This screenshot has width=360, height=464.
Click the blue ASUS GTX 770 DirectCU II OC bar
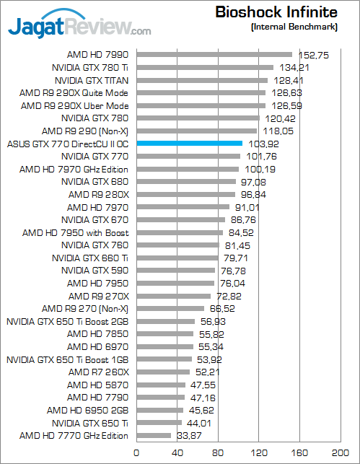click(x=189, y=144)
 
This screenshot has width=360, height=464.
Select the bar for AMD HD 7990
click(x=214, y=54)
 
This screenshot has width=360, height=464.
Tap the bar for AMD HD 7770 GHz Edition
click(x=153, y=435)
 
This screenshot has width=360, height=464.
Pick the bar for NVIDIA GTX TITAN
click(x=201, y=80)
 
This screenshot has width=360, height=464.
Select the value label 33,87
click(x=186, y=435)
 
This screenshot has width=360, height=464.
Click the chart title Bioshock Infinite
click(x=276, y=12)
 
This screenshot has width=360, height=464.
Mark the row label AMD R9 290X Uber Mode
click(x=75, y=105)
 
